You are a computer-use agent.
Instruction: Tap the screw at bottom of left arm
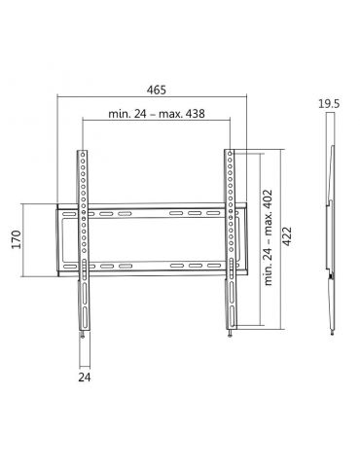[x=86, y=336]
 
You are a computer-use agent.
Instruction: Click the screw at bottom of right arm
[x=232, y=336]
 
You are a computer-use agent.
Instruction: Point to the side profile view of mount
[x=331, y=238]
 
